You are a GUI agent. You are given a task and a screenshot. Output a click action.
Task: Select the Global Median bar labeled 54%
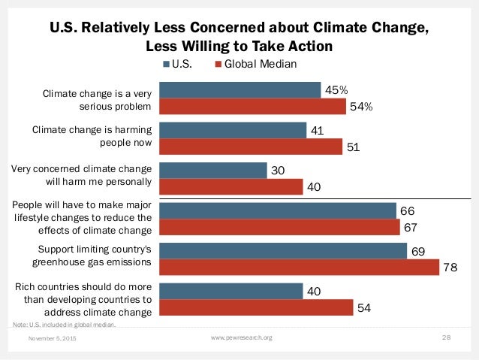(x=253, y=107)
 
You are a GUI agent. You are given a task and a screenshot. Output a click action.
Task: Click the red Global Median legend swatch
(x=219, y=65)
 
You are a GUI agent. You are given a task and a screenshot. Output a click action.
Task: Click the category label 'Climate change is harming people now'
(x=92, y=136)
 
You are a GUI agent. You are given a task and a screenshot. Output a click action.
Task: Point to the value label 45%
(x=336, y=90)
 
